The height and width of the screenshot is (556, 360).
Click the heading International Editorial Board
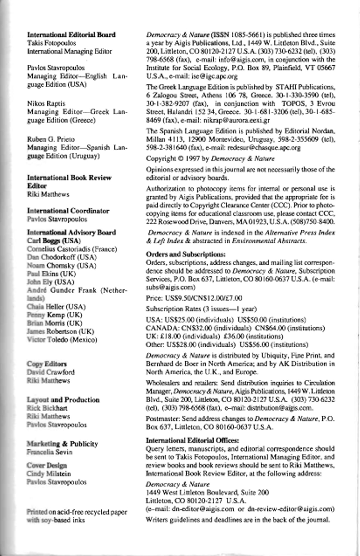coord(71,35)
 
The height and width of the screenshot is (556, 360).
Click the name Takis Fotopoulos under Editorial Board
coord(51,43)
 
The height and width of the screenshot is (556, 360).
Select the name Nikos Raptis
coord(46,104)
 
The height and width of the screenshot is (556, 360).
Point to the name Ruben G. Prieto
coord(51,139)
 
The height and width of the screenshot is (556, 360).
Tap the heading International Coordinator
coord(68,211)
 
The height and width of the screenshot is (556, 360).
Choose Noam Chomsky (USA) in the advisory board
coord(62,265)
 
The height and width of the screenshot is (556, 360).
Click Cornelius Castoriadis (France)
coord(72,249)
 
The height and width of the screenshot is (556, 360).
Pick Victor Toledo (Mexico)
coord(62,339)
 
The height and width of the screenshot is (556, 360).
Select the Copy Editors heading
coord(47,364)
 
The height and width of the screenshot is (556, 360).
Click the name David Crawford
coord(51,372)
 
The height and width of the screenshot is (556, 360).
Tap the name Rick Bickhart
coord(47,408)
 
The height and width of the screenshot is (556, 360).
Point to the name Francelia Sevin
coord(50,452)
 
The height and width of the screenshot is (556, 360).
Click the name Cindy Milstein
coord(49,474)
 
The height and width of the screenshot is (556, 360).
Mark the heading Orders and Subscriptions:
coord(186,254)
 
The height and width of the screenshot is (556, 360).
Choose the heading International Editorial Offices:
coord(192,440)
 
